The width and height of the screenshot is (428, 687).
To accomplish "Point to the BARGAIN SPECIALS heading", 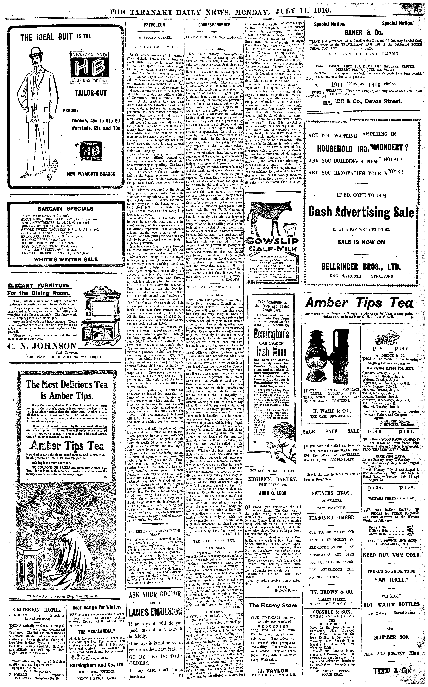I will pyautogui.click(x=65, y=208).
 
